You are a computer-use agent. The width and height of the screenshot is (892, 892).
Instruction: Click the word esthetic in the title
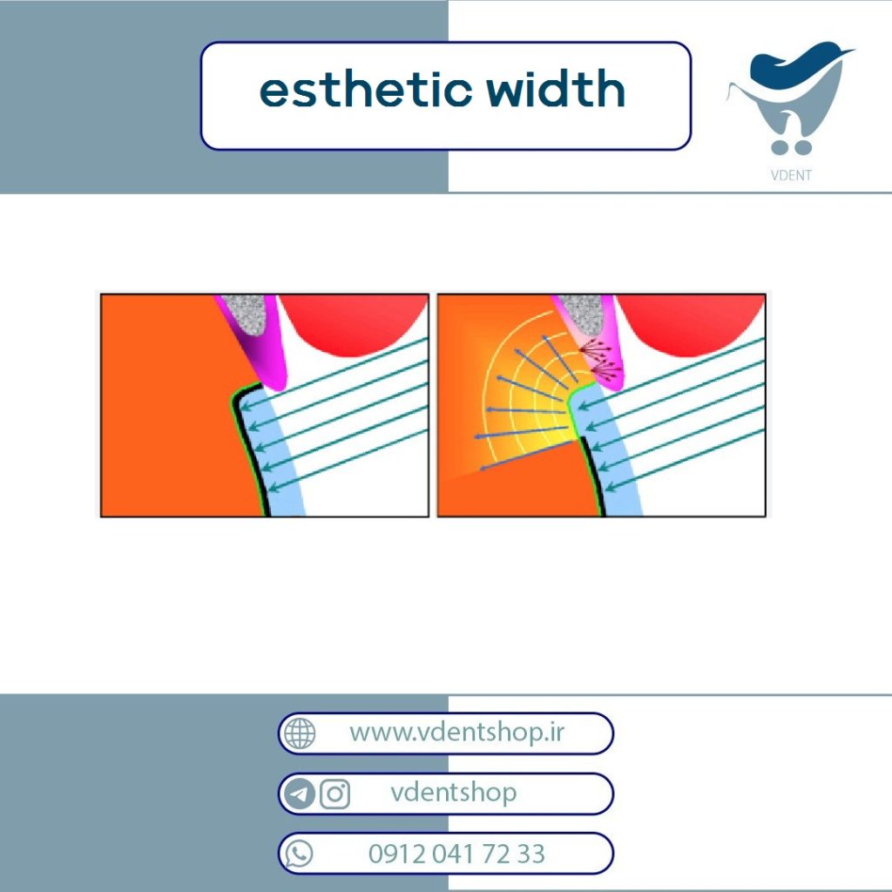pyautogui.click(x=365, y=90)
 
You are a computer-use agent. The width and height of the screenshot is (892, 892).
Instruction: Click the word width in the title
pyautogui.click(x=555, y=88)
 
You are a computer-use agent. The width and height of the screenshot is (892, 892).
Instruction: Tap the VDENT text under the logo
pyautogui.click(x=791, y=175)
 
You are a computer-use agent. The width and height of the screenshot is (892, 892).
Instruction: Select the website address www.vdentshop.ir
pyautogui.click(x=456, y=733)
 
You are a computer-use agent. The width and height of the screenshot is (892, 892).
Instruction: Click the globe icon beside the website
pyautogui.click(x=300, y=733)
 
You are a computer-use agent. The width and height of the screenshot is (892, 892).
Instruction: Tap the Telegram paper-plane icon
pyautogui.click(x=300, y=794)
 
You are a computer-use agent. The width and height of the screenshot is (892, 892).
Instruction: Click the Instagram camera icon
pyautogui.click(x=334, y=794)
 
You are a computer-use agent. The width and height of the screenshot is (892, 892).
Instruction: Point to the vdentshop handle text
pyautogui.click(x=453, y=793)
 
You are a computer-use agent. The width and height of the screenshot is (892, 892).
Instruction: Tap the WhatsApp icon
pyautogui.click(x=300, y=854)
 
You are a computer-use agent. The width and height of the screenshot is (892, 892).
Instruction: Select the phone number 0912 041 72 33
pyautogui.click(x=456, y=854)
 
